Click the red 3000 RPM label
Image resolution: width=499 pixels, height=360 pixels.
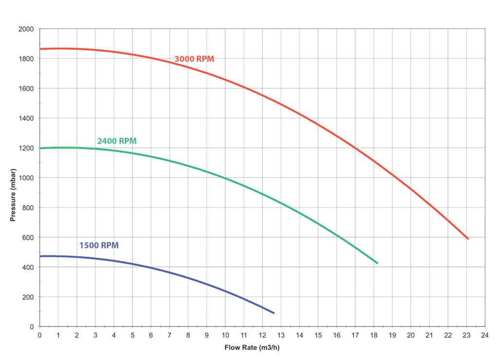point(194,58)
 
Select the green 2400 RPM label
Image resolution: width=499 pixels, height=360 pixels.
point(117,141)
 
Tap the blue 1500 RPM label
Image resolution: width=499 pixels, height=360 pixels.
point(99,246)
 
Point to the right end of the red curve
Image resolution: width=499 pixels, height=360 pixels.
point(468,239)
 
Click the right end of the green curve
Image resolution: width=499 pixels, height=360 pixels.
point(379,264)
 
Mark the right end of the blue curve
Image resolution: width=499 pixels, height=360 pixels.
point(275,313)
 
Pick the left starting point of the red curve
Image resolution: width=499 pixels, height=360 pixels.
point(40,49)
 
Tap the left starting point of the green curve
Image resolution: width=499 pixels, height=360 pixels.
point(40,148)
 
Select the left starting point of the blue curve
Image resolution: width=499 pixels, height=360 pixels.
point(40,256)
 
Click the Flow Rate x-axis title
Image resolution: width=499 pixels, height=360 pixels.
point(252,348)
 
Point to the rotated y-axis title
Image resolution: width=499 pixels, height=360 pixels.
point(13,195)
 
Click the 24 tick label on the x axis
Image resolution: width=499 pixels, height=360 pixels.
point(485,335)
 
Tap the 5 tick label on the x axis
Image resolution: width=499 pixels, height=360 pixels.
point(133,335)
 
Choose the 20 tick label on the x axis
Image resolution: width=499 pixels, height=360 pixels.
point(411,335)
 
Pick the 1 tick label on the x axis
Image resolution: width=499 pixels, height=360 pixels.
point(58,335)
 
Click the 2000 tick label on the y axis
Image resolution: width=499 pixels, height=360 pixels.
point(24,29)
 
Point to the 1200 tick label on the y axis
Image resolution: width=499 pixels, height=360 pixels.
point(24,148)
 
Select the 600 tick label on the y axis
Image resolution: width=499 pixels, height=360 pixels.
point(24,238)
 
